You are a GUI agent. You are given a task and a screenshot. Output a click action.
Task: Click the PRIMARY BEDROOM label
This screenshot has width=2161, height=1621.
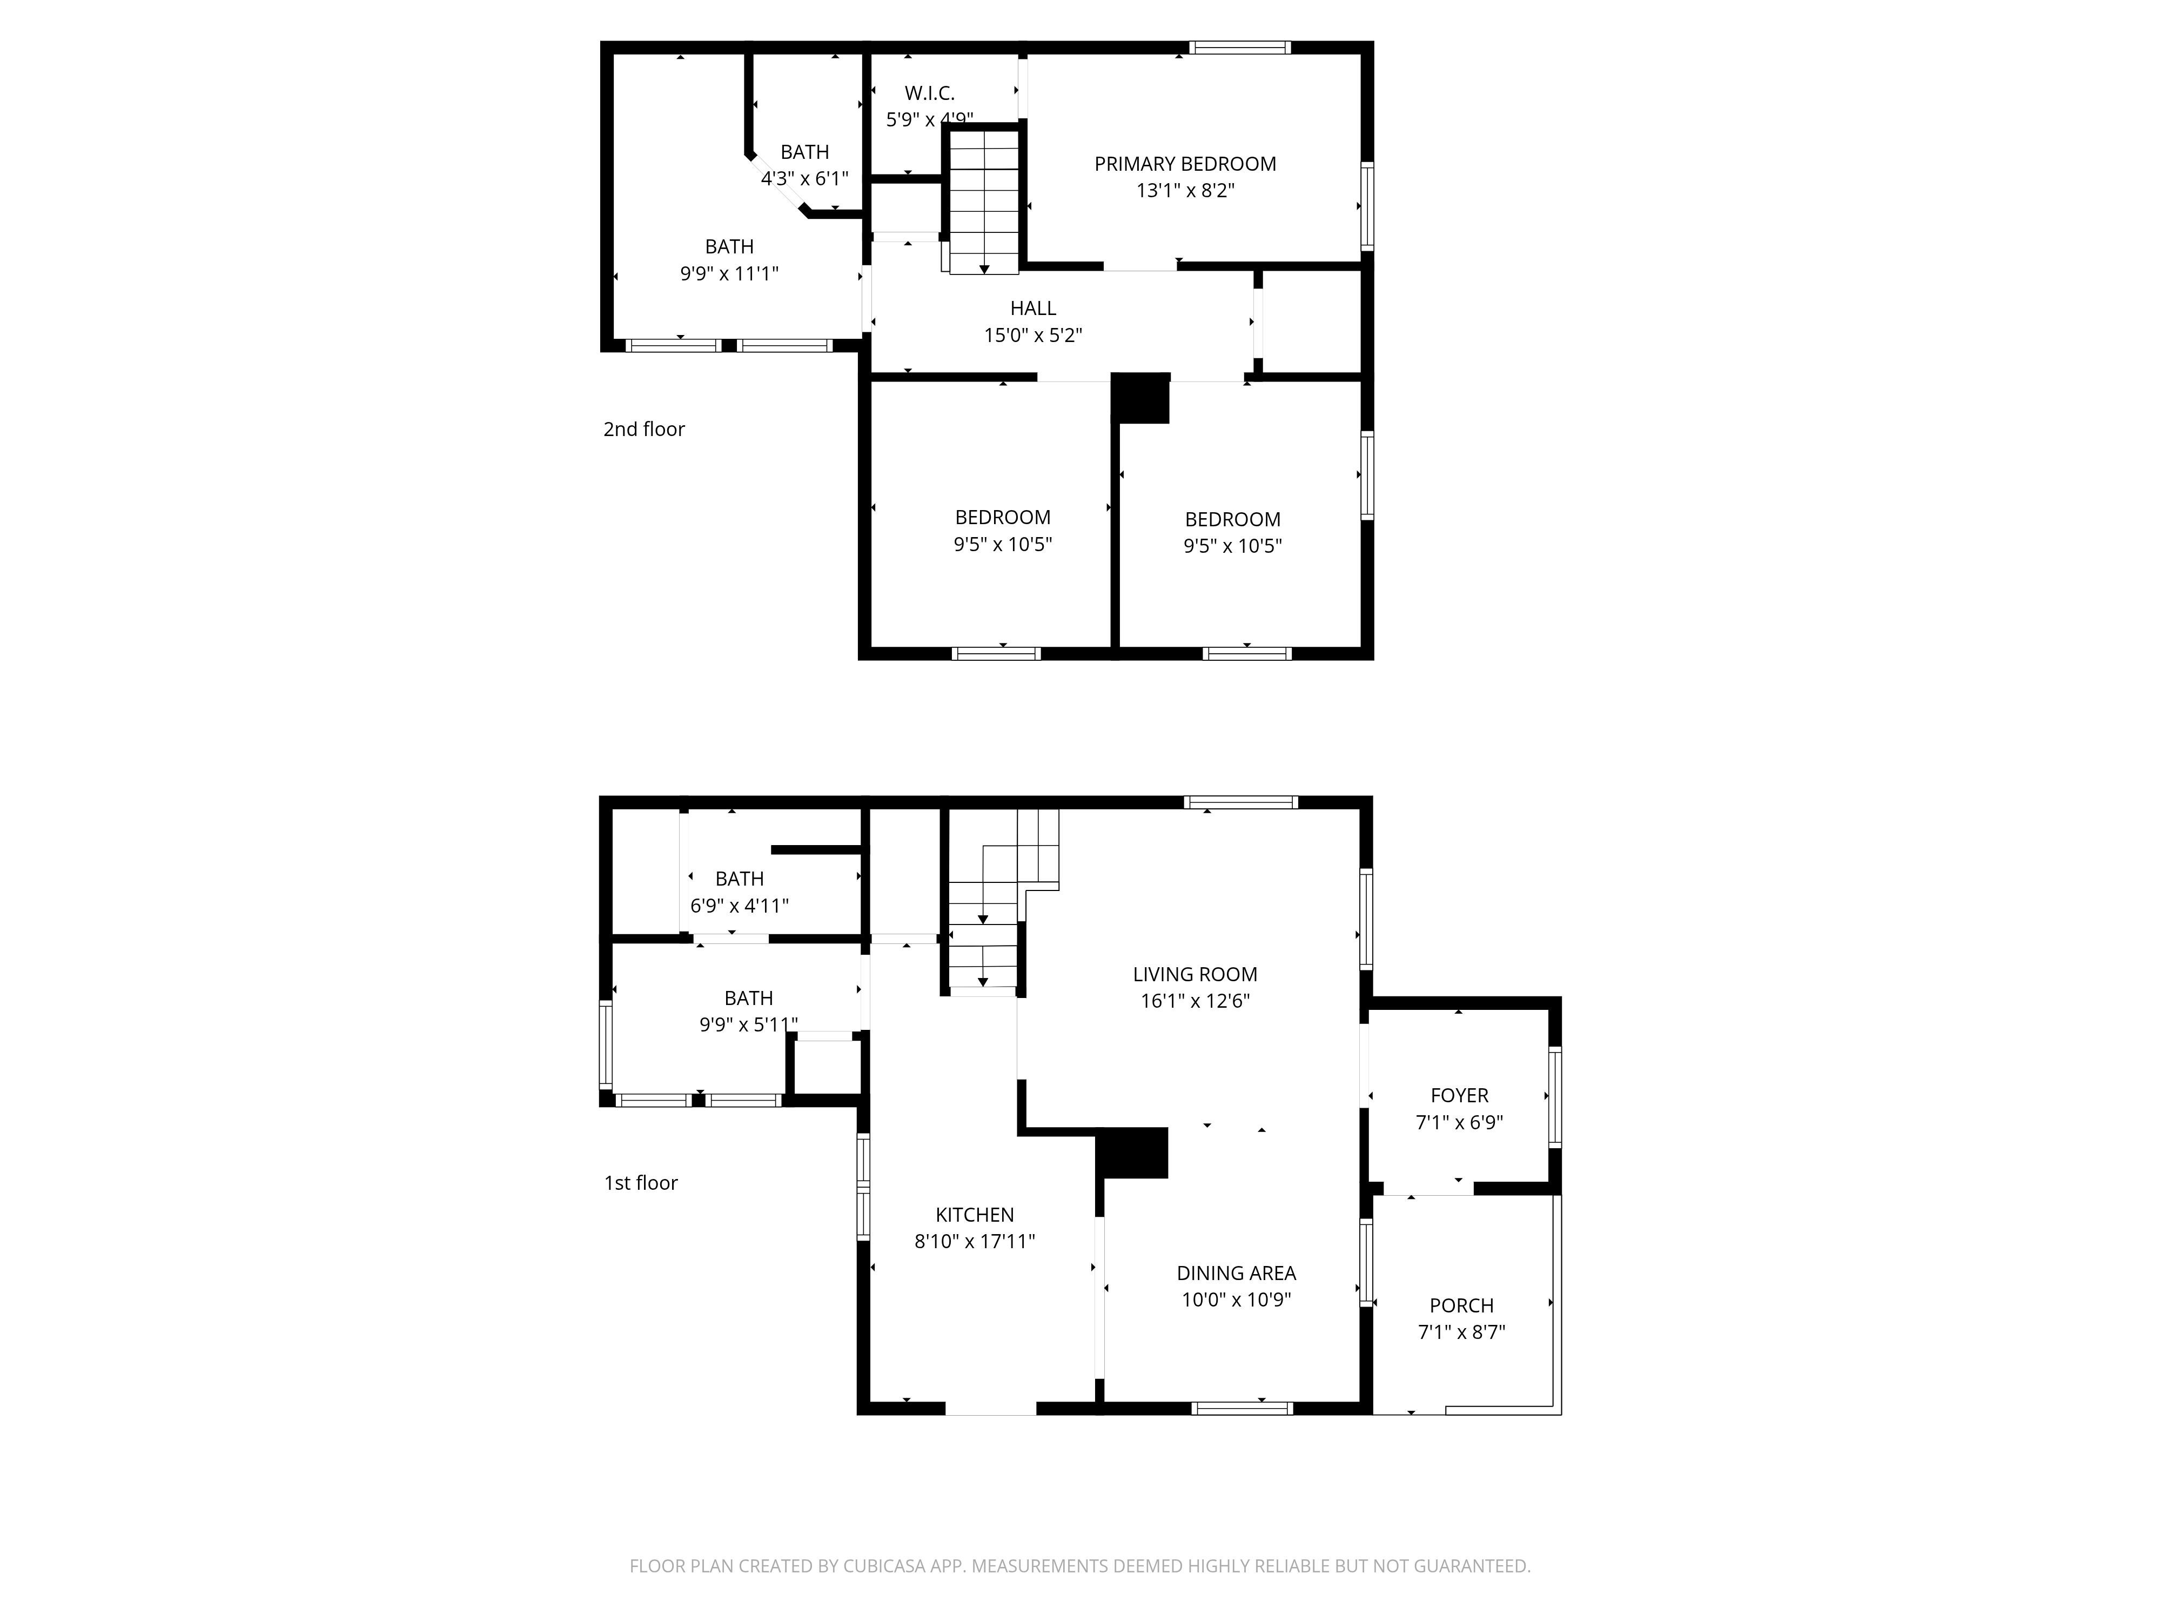click(x=1185, y=164)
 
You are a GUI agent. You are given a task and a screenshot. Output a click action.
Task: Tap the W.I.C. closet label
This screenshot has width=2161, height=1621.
click(x=929, y=94)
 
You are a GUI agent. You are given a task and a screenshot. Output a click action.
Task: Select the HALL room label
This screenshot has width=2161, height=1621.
click(x=1032, y=309)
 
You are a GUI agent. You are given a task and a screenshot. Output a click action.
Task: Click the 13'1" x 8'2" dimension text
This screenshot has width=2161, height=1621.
click(x=1185, y=191)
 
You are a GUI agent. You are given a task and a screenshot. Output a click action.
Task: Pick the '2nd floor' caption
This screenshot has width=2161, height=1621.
click(x=644, y=429)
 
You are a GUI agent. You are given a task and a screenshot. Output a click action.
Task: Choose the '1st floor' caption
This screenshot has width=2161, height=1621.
click(x=641, y=1183)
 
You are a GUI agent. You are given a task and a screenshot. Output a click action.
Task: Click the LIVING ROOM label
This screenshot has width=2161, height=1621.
click(x=1195, y=974)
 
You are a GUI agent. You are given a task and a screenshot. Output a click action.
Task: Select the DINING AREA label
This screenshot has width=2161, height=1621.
click(x=1236, y=1273)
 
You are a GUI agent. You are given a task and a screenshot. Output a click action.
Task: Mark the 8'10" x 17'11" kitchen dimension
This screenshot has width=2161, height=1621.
click(x=975, y=1242)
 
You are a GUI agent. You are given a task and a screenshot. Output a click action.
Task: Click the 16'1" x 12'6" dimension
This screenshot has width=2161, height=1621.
click(x=1195, y=1001)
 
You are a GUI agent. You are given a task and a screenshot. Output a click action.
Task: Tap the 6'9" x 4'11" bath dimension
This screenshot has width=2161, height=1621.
click(x=740, y=906)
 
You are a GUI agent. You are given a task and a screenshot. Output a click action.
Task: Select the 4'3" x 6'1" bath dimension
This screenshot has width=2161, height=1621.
click(x=805, y=179)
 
